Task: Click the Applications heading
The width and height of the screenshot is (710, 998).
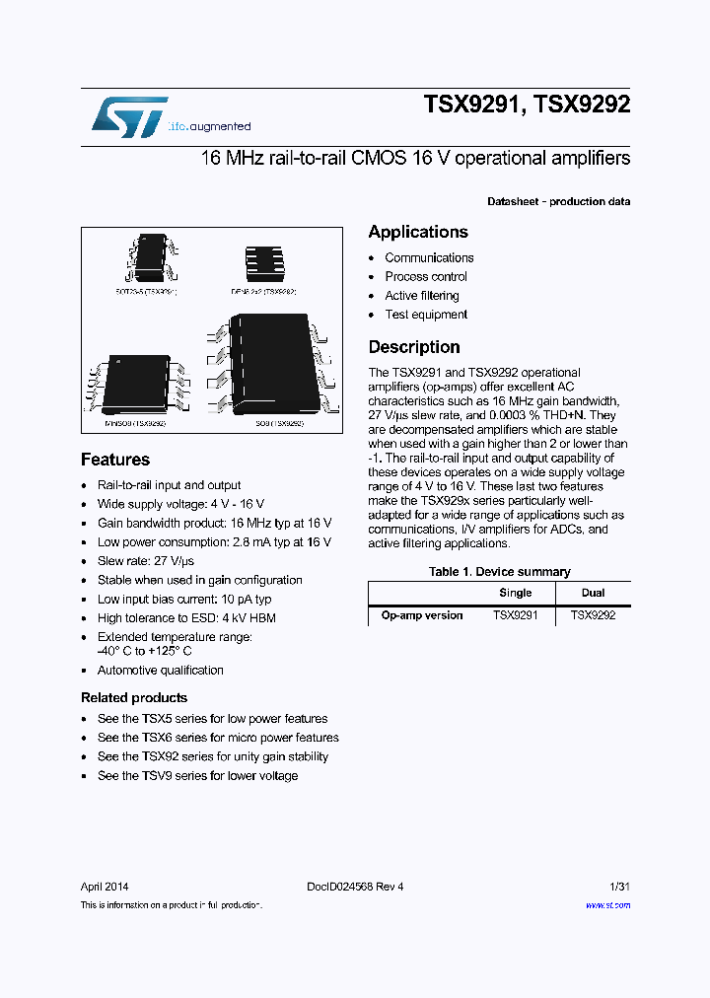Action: click(x=418, y=232)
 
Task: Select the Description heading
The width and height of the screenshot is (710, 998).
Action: click(x=414, y=347)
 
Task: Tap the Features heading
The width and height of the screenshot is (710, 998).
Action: click(x=115, y=460)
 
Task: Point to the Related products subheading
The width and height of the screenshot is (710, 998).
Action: click(x=134, y=697)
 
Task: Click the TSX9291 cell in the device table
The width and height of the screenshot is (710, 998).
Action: click(x=515, y=615)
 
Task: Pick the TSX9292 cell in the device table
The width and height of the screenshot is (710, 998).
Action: click(x=593, y=615)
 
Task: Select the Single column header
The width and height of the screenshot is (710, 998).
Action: click(x=515, y=593)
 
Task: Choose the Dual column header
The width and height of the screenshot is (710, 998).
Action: click(x=593, y=593)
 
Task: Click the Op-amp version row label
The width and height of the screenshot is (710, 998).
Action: click(x=422, y=615)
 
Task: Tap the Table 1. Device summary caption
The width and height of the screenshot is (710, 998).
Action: click(x=499, y=572)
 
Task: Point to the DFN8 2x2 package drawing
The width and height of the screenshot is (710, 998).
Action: click(x=263, y=260)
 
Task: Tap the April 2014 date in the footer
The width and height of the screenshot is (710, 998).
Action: click(x=105, y=887)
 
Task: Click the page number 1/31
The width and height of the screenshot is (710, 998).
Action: click(x=619, y=887)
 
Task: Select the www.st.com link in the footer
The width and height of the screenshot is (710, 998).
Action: click(x=607, y=905)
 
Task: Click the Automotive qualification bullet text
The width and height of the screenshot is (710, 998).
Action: click(x=161, y=671)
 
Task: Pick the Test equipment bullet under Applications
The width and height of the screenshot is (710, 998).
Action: click(x=426, y=315)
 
